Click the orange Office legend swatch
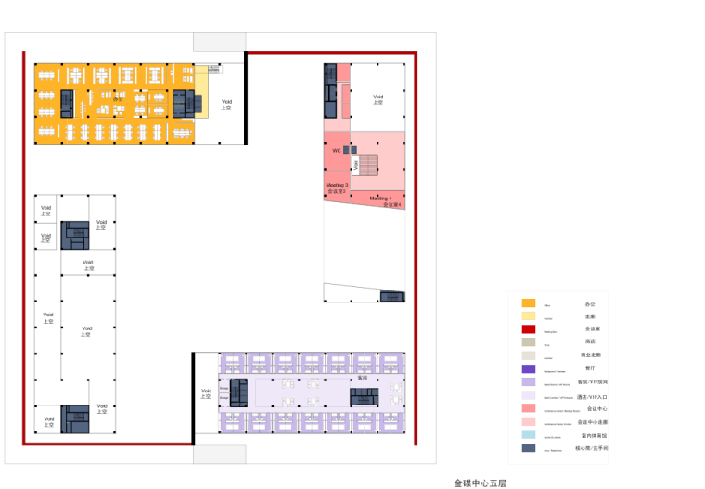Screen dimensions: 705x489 point(529,303)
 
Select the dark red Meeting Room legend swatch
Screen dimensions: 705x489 point(529,328)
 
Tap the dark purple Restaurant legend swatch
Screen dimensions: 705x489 point(529,368)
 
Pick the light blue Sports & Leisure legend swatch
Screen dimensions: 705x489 point(529,434)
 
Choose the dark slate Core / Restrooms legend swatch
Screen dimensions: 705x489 point(529,447)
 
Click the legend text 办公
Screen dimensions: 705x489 point(590,303)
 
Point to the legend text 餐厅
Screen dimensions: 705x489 point(590,368)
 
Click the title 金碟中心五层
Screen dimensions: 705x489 point(481,483)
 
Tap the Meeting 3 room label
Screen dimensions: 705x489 point(337,186)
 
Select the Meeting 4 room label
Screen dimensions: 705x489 point(381,199)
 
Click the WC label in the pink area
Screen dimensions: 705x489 point(337,150)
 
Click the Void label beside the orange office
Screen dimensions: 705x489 point(226,105)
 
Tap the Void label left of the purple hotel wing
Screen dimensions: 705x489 point(206,393)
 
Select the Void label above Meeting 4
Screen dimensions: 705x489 point(378,98)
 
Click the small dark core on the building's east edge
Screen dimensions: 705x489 point(392,296)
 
